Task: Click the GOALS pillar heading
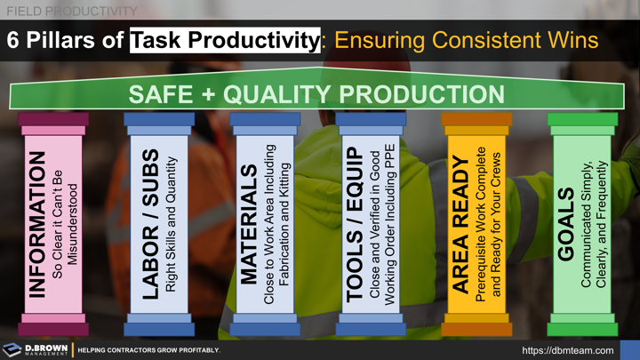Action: pos(566,225)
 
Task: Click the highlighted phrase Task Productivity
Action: pos(225,40)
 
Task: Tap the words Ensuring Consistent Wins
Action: pos(466,40)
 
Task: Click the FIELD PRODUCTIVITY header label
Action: pos(71,11)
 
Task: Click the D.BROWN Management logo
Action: pos(35,349)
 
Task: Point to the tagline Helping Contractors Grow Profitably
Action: pos(148,350)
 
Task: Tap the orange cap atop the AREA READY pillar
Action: pos(476,119)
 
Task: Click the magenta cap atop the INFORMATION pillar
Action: pos(53,119)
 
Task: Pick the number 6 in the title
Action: pos(13,40)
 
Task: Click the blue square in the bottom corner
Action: pos(629,349)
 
